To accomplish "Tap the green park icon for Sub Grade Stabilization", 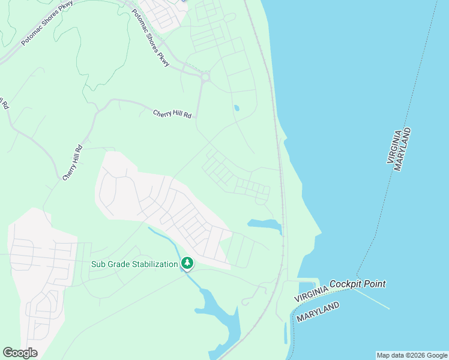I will [x=187, y=263].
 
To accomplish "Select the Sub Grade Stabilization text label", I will [x=134, y=264].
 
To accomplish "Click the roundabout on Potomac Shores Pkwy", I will [x=206, y=77].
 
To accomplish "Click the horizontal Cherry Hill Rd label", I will [x=172, y=113].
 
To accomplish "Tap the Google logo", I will [x=20, y=353].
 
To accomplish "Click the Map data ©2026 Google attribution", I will [x=411, y=355].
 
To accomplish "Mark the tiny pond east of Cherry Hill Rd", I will [x=237, y=109].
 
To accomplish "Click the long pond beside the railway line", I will [x=266, y=225].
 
